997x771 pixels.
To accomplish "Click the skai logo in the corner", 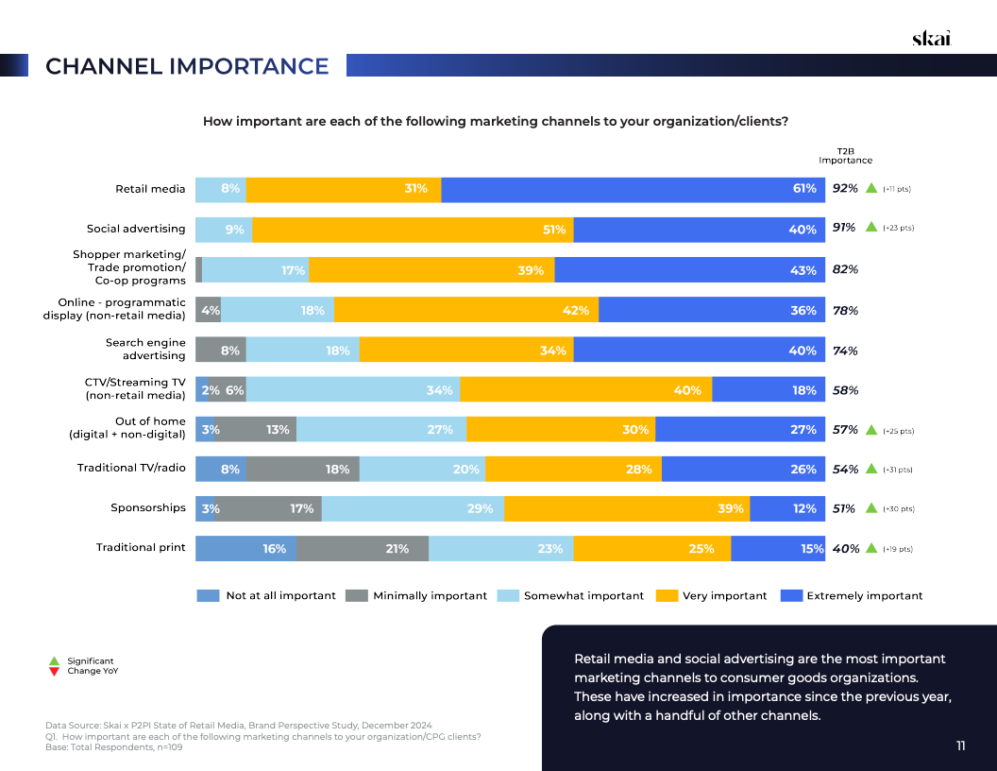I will (x=931, y=38).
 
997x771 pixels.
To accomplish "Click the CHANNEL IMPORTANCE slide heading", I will (x=187, y=66).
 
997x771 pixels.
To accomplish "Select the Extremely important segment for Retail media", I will (x=633, y=189).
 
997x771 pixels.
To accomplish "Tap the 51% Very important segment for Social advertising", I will (x=413, y=230).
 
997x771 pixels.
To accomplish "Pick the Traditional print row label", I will (x=141, y=547).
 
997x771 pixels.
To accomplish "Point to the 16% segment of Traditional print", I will (x=245, y=548).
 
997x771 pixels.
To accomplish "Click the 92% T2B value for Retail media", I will (x=845, y=189).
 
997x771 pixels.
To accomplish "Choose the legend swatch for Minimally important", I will (x=356, y=595).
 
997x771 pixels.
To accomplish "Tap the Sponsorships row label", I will (x=148, y=507).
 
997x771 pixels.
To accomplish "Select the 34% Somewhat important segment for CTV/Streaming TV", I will (x=353, y=389).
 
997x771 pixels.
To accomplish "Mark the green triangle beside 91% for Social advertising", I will (x=871, y=228).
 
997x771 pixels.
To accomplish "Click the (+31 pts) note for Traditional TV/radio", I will (x=898, y=470).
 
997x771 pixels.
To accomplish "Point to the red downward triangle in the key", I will (x=54, y=672).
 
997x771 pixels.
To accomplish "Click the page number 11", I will (x=960, y=746).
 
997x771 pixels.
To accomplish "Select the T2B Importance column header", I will (x=845, y=156).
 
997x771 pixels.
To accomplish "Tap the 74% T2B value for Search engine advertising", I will (x=845, y=351).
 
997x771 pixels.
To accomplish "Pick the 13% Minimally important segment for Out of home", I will (x=256, y=429).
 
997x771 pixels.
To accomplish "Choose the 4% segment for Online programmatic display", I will (x=208, y=310).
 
